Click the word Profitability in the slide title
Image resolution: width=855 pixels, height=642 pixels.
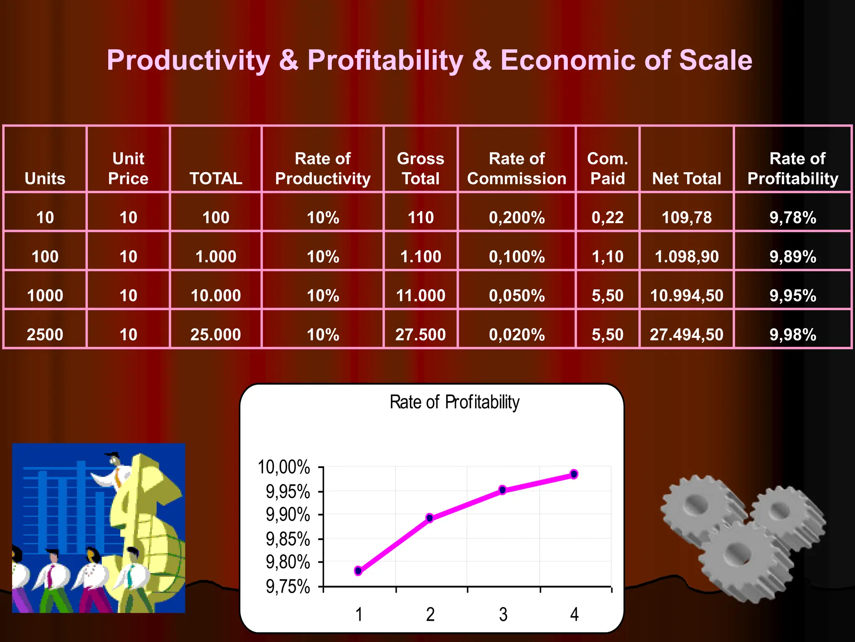(x=385, y=61)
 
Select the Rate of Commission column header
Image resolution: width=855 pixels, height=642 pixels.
(x=516, y=168)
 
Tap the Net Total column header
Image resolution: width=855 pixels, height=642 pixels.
(x=686, y=178)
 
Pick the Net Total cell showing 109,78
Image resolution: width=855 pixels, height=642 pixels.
(x=686, y=217)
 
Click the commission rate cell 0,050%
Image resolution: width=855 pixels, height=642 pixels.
(x=516, y=296)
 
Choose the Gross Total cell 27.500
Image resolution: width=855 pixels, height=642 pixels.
(x=420, y=334)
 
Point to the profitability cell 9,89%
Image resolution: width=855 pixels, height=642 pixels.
(x=792, y=256)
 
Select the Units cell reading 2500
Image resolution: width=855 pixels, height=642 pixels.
(x=45, y=334)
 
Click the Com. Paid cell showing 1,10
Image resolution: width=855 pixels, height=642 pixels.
(x=607, y=256)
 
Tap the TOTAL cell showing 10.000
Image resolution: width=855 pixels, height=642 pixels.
(x=216, y=296)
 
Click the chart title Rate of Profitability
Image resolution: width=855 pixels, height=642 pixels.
(x=454, y=402)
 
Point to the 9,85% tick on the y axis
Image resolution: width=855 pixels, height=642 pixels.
(x=288, y=539)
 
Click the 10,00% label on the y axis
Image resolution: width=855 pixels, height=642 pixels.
(x=284, y=467)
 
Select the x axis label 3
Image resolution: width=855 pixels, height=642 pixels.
(x=503, y=614)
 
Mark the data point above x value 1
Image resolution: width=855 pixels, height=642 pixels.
(x=358, y=571)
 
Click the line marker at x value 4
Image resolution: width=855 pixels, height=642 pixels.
(x=574, y=474)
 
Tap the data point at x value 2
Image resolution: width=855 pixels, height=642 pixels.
(x=430, y=518)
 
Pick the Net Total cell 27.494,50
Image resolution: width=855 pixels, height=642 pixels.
(x=686, y=334)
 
